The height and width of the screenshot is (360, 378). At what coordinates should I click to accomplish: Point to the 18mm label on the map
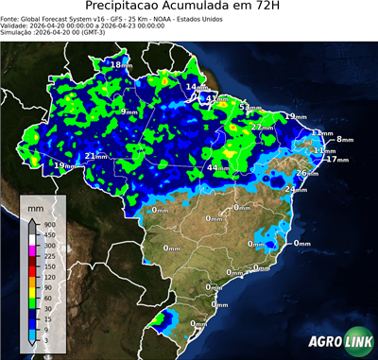point(122,64)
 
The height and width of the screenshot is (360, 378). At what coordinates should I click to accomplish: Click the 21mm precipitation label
point(95,156)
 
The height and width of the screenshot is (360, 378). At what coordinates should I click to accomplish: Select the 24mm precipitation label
point(296,189)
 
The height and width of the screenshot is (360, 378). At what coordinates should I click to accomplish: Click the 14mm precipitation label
point(195,88)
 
